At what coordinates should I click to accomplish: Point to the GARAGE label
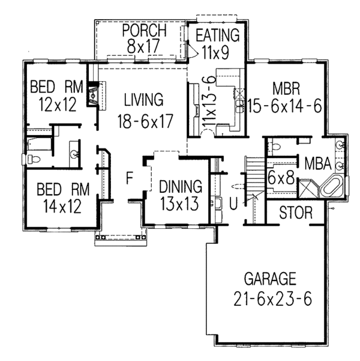tap(270, 279)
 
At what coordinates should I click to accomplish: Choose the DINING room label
tap(181, 186)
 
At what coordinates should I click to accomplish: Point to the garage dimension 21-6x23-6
tap(270, 299)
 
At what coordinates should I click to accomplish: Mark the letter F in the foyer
tap(129, 178)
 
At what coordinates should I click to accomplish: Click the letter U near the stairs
tap(233, 204)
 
